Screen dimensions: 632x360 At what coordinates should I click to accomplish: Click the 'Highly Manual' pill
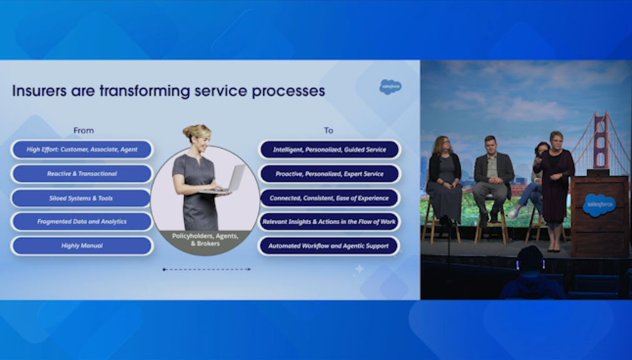point(83,246)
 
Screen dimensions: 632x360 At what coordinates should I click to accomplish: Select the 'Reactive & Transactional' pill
point(83,174)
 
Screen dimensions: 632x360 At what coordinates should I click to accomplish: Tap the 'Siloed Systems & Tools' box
point(83,198)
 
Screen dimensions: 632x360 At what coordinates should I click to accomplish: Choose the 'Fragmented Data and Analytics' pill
point(83,222)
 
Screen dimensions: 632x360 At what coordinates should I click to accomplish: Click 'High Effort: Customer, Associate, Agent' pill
point(83,149)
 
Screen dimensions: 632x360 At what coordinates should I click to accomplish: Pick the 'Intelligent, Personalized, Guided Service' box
point(329,149)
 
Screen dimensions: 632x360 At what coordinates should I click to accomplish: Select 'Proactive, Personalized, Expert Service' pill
point(329,174)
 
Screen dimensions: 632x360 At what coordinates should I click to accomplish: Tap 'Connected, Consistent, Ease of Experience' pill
point(329,198)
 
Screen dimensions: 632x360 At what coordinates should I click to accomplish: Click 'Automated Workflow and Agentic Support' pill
point(329,246)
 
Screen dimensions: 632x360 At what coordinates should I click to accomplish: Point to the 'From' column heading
point(83,130)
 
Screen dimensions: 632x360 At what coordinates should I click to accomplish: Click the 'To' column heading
point(328,130)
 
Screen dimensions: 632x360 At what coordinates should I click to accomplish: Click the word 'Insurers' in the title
point(39,91)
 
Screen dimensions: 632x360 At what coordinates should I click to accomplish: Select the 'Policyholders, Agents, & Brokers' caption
point(205,240)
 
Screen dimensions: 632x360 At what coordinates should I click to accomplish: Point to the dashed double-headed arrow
point(206,269)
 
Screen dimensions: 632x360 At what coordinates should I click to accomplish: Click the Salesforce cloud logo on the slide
point(390,87)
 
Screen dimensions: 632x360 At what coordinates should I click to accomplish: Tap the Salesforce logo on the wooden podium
point(599,205)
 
